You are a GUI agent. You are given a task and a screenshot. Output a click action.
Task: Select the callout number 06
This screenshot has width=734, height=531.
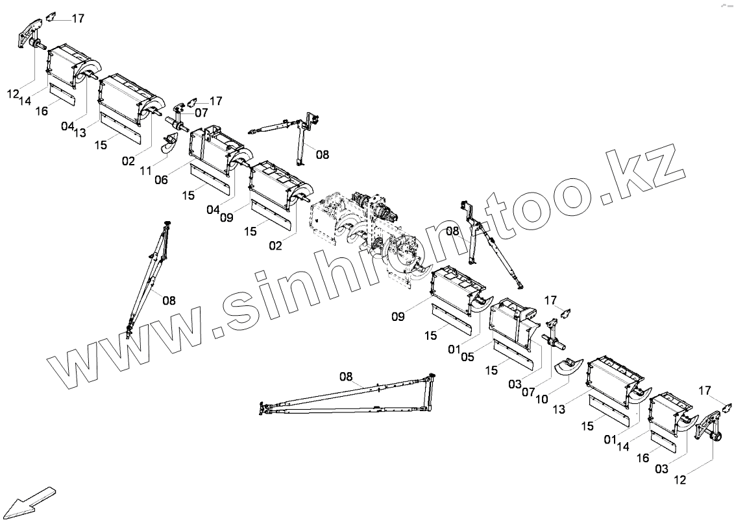[x=162, y=180]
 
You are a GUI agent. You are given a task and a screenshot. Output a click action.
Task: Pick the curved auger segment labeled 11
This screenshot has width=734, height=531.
[x=171, y=145]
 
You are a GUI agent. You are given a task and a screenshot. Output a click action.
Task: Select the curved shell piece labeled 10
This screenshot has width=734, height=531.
[x=569, y=366]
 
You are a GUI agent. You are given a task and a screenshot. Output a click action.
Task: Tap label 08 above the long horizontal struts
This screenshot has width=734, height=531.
[x=346, y=377]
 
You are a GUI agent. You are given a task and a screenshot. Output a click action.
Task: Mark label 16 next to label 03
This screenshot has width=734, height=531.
[x=642, y=458]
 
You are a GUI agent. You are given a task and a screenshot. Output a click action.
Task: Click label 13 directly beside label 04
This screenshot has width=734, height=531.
[x=80, y=133]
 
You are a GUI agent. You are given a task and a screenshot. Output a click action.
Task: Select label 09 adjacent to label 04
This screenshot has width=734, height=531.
[x=226, y=218]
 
